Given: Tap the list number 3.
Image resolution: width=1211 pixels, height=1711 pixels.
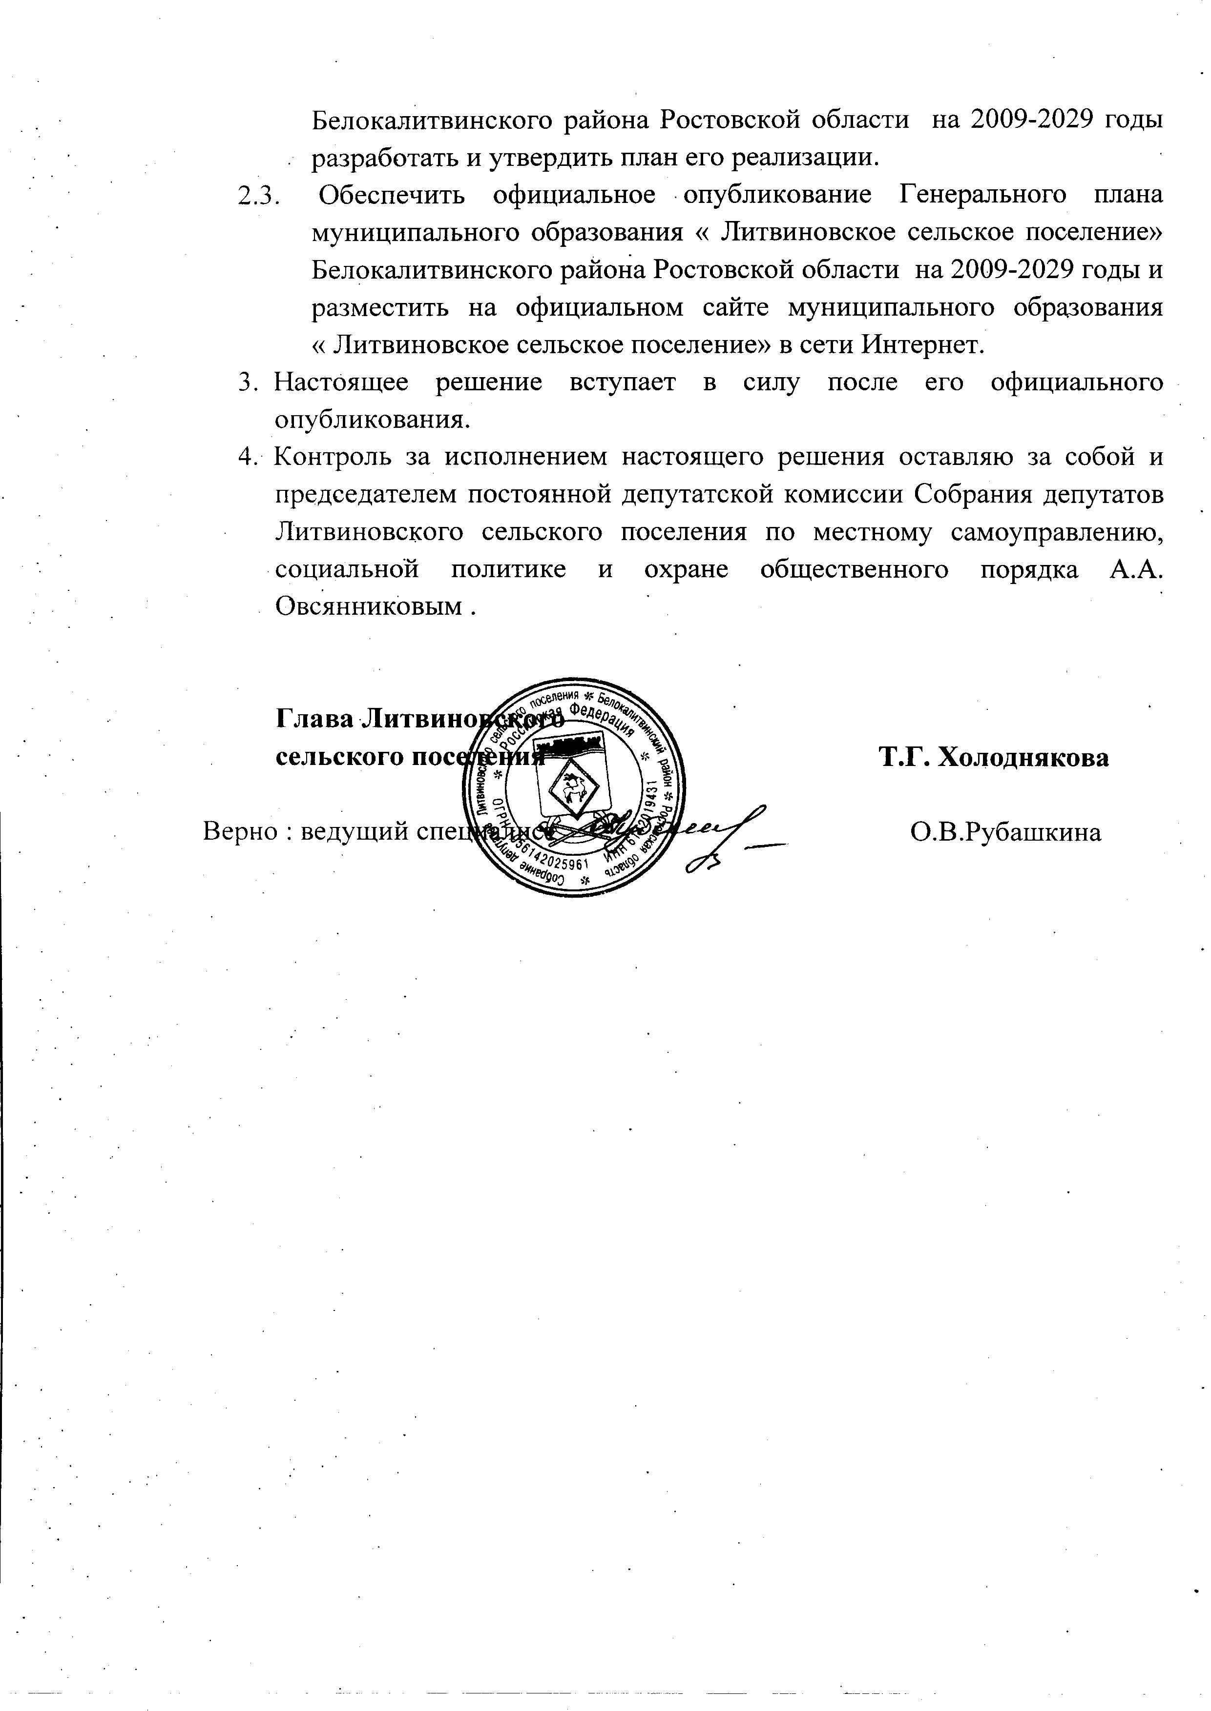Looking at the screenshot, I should coord(247,383).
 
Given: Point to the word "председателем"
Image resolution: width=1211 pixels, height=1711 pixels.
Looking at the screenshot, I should coord(365,495).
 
